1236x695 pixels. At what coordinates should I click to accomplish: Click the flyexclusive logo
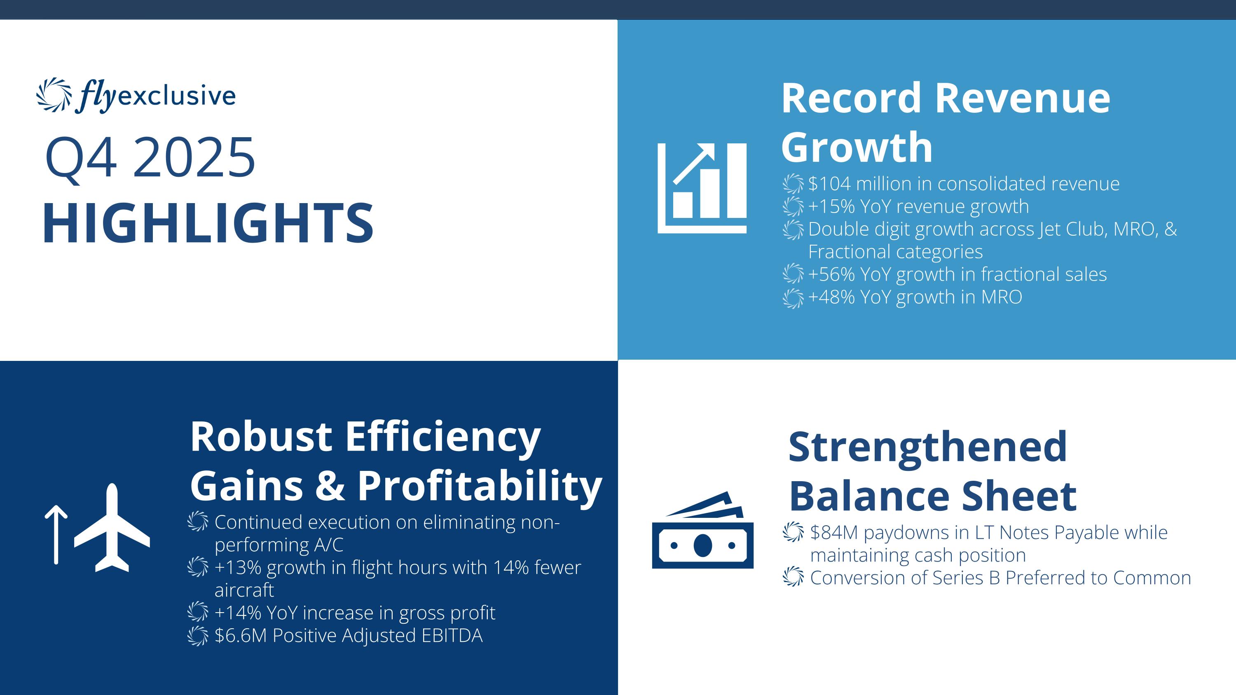point(136,95)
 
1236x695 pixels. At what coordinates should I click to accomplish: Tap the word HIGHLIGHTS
point(208,224)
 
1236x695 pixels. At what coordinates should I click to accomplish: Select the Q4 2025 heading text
point(150,157)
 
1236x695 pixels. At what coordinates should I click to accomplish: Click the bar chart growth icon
point(702,188)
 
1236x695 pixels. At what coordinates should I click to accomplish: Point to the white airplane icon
point(112,528)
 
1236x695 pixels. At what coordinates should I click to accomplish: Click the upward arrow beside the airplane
point(56,534)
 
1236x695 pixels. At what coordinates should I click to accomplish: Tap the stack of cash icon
point(702,530)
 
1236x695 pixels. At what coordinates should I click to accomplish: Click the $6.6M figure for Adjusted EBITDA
point(240,636)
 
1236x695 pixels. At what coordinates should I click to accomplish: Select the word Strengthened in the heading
point(928,447)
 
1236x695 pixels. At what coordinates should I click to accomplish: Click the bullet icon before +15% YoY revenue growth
point(793,207)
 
